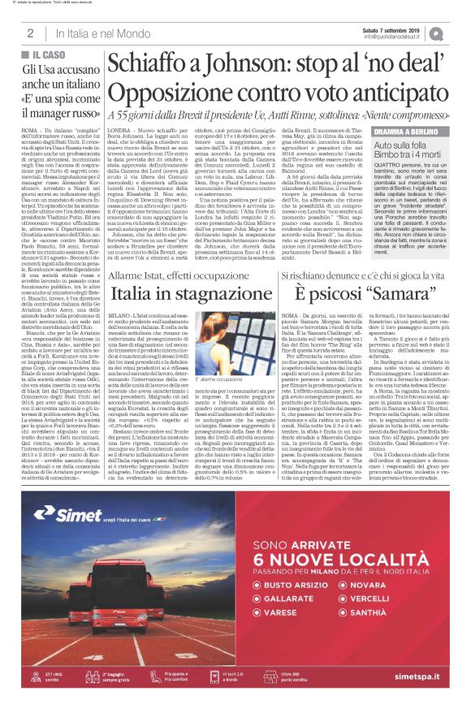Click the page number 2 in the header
(30, 33)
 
